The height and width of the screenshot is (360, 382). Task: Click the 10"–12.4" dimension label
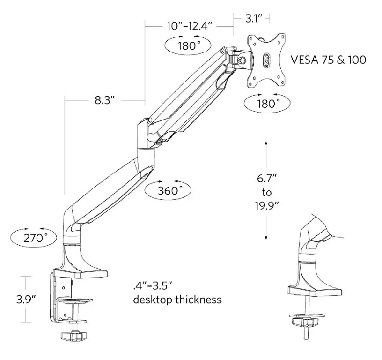(x=189, y=26)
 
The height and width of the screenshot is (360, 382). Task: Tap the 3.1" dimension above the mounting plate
(x=254, y=19)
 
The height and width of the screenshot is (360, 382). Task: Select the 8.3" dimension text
(x=103, y=101)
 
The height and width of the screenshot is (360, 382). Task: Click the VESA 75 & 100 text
(x=328, y=60)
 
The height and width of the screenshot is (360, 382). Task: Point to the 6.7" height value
(x=267, y=179)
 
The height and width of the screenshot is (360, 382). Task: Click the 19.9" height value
(x=267, y=206)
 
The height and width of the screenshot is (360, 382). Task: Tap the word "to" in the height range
(x=267, y=192)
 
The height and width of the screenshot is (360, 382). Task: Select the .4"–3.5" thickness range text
(x=153, y=285)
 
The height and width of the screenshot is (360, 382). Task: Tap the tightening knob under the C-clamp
(x=73, y=336)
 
